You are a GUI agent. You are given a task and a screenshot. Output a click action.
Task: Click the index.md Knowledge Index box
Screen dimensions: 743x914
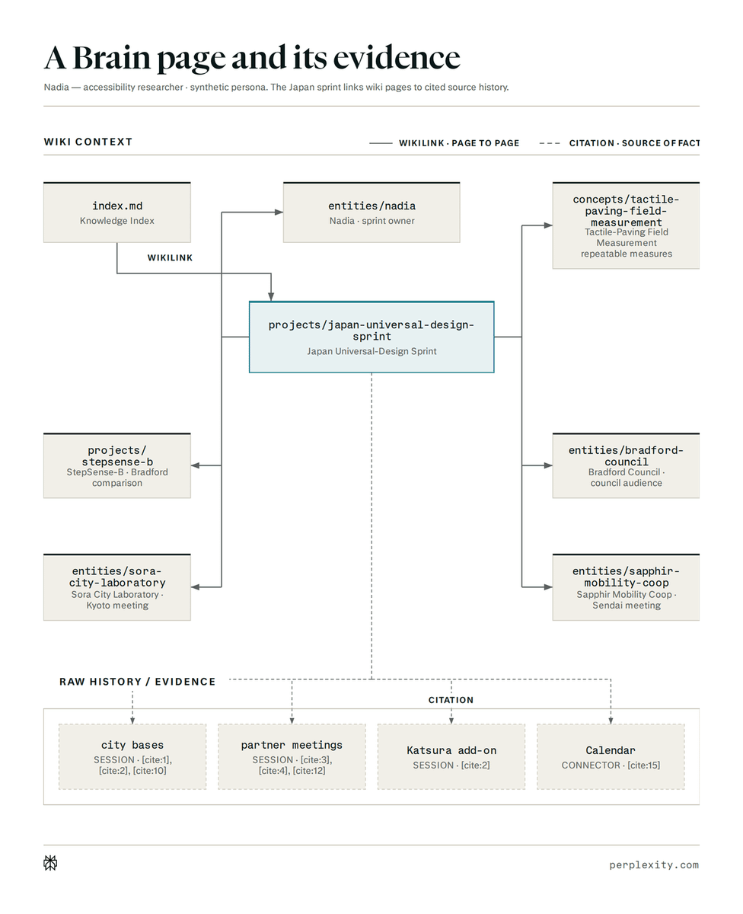point(117,213)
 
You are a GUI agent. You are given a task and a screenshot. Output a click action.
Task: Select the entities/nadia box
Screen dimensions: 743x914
point(371,213)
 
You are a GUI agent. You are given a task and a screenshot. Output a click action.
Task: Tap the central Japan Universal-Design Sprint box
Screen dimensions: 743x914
point(371,337)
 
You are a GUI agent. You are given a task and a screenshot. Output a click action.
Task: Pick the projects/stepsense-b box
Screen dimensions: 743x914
point(117,465)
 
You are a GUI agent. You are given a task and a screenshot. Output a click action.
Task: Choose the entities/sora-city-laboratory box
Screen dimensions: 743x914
point(117,587)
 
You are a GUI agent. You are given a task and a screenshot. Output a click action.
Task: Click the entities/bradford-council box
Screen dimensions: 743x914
point(626,465)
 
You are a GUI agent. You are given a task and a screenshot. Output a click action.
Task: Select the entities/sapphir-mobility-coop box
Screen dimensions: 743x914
point(626,587)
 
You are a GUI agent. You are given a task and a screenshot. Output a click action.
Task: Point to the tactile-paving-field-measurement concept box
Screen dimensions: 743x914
point(626,225)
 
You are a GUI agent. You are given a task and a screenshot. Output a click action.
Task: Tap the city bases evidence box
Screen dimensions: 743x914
point(132,756)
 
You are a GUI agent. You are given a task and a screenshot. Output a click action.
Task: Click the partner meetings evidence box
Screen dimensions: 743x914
point(292,756)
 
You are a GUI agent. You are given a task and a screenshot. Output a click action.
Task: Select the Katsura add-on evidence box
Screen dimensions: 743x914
point(451,756)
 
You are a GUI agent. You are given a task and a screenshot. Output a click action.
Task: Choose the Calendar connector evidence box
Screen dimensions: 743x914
point(611,756)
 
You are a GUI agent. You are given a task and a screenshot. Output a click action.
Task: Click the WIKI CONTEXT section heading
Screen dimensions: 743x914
point(88,142)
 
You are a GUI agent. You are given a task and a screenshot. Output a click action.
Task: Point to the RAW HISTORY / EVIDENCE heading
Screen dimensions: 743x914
point(138,682)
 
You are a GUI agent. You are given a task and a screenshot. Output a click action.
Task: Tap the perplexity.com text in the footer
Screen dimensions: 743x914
point(654,864)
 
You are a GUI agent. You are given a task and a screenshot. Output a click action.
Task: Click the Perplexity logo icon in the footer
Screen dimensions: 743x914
point(50,863)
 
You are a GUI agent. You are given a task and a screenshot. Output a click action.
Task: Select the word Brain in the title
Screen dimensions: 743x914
point(111,57)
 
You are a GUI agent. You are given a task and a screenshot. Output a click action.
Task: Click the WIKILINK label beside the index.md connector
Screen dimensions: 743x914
point(171,258)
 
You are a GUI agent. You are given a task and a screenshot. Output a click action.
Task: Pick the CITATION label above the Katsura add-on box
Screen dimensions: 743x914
point(451,700)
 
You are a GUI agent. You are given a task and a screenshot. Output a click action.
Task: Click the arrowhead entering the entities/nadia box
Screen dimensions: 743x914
point(279,212)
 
